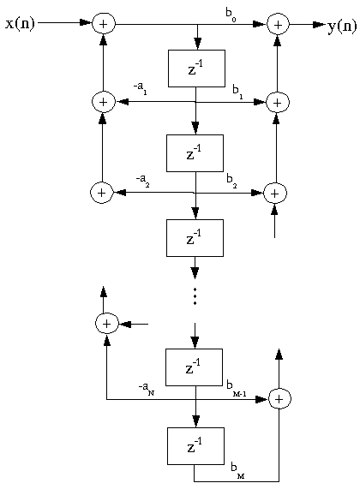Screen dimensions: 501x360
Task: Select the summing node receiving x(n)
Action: tap(103, 25)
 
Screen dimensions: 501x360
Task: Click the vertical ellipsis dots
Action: tap(195, 296)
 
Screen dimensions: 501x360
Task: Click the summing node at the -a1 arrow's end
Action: tap(103, 102)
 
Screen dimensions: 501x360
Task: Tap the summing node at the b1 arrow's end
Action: tap(276, 102)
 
